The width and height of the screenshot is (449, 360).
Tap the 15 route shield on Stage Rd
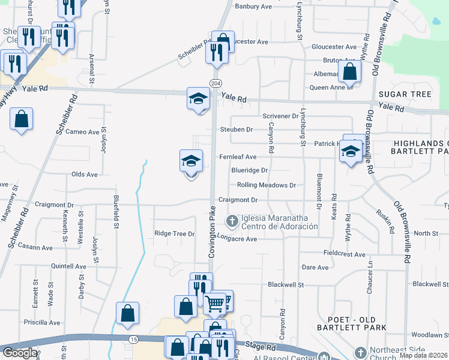click(133, 340)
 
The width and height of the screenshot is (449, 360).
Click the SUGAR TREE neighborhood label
click(405, 95)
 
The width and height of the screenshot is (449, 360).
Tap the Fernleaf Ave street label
click(238, 157)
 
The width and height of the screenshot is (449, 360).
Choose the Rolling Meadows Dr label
click(266, 185)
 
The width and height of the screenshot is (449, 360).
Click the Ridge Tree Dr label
click(175, 233)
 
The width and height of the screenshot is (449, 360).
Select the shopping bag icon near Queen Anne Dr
click(349, 72)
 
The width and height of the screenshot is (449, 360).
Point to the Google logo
click(20, 353)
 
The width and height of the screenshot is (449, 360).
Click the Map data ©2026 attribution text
click(424, 355)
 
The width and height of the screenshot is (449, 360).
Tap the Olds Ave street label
click(84, 175)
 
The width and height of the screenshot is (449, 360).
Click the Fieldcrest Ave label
click(344, 254)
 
